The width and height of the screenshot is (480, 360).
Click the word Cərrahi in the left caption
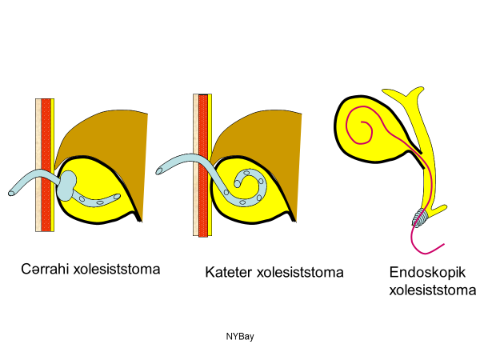45,269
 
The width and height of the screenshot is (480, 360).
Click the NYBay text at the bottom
239,336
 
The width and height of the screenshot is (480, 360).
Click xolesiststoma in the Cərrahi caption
117,269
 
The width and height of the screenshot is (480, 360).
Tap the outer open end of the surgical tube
12,192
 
